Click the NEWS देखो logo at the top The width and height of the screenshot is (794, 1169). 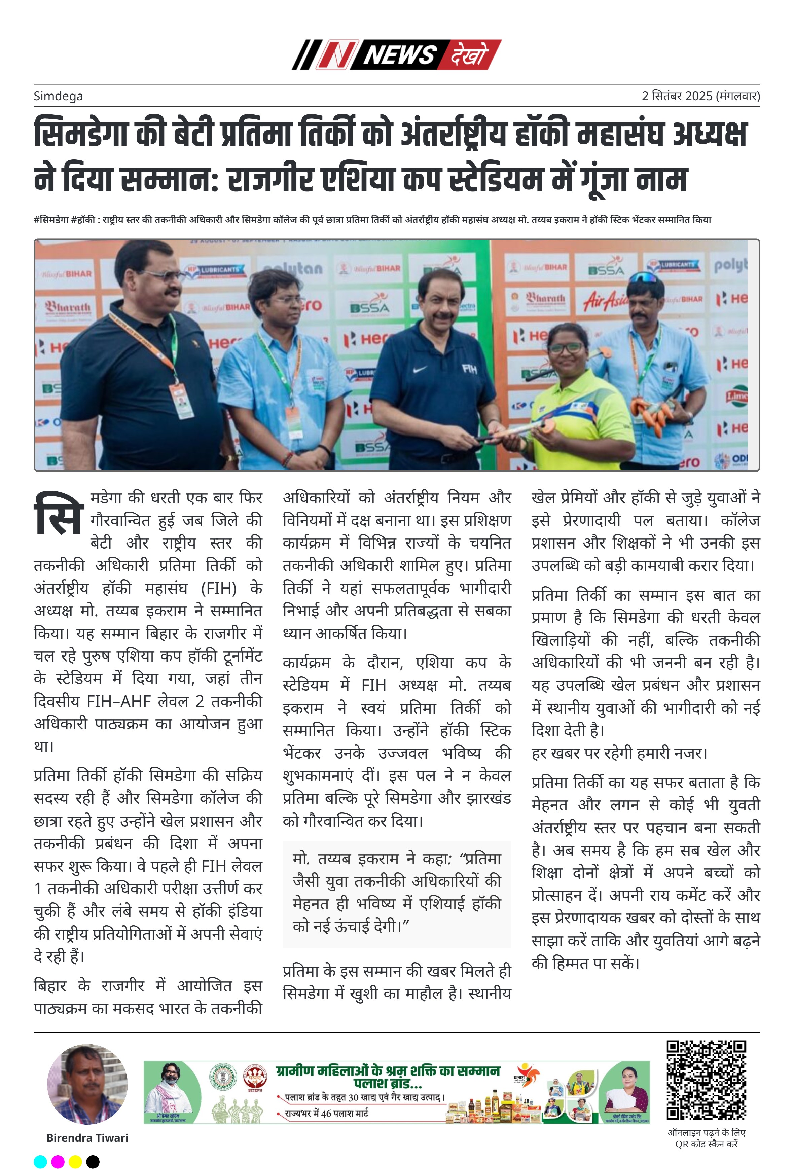tap(397, 54)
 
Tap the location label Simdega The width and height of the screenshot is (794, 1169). tap(58, 96)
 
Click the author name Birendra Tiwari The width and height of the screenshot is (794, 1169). tap(87, 1138)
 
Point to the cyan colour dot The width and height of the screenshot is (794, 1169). tap(40, 1162)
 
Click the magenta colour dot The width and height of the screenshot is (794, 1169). tap(58, 1162)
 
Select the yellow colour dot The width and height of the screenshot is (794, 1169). tap(75, 1162)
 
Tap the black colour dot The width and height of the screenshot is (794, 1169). tap(93, 1162)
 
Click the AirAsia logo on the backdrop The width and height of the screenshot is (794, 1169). tap(605, 300)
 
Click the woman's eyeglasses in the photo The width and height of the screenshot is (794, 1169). tap(567, 347)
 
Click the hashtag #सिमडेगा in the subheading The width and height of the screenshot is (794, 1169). tap(51, 220)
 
